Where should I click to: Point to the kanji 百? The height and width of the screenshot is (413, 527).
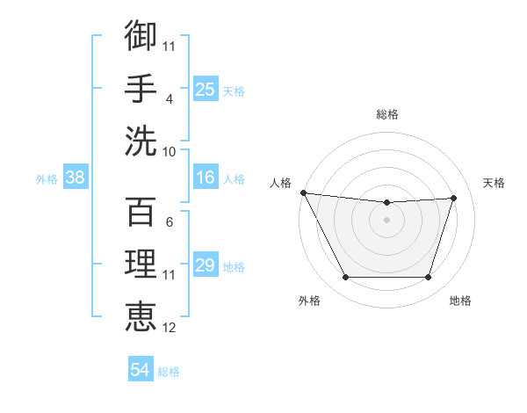coord(141,212)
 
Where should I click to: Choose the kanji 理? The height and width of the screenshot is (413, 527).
coord(141,264)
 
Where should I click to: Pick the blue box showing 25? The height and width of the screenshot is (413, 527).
coord(206,90)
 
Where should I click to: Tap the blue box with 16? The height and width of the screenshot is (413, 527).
coord(206,178)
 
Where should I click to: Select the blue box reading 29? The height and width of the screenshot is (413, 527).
coord(206,265)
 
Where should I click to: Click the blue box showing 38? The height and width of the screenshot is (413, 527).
coord(75,178)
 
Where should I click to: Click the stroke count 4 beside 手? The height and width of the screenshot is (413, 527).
coord(169,99)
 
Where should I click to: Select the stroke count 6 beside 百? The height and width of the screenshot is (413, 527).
coord(169,222)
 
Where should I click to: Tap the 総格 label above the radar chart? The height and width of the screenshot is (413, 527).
coord(387,114)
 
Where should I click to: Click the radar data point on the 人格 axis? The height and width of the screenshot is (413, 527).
coord(303,192)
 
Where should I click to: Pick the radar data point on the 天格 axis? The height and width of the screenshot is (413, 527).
coord(453,198)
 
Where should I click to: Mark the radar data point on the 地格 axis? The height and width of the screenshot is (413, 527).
coord(428,278)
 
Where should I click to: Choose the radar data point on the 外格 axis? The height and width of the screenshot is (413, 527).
coord(345,278)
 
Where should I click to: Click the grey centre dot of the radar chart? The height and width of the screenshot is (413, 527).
coord(386,220)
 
